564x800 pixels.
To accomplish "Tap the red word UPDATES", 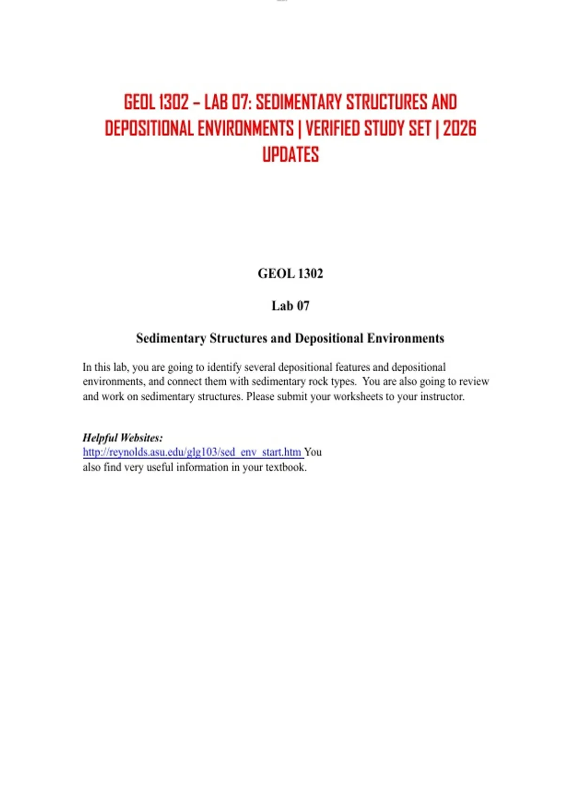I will [x=290, y=155].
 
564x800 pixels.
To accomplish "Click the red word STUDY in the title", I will [x=384, y=128].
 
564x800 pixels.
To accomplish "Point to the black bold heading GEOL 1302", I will [x=290, y=273].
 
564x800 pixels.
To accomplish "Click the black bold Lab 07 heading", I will [x=290, y=306].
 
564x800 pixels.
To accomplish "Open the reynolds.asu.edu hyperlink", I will [x=192, y=452].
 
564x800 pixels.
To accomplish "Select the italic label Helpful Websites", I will [x=123, y=438].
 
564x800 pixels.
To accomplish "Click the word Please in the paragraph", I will [x=260, y=397].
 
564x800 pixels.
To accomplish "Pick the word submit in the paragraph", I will [x=291, y=397].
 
